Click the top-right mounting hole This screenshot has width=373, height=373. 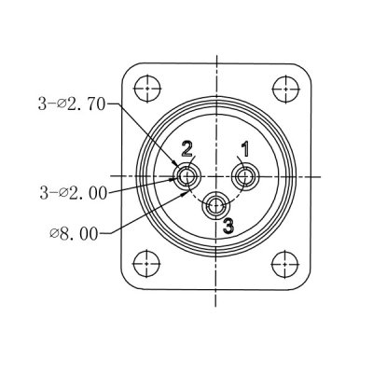click(283, 90)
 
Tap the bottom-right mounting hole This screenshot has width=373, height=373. click(283, 263)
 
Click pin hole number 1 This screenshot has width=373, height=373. click(246, 175)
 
